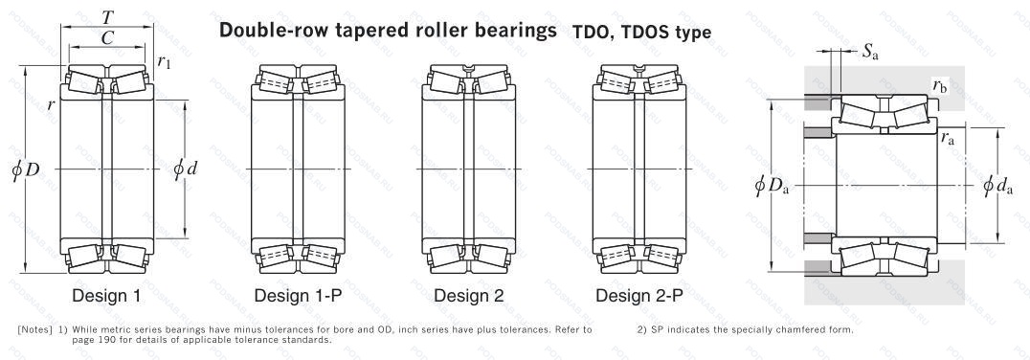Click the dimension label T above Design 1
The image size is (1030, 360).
pos(107,17)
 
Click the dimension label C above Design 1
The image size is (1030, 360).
pos(108,38)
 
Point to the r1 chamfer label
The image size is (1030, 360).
pos(165,61)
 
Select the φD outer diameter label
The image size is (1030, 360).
pos(26,169)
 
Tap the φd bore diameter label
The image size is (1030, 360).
pos(186,169)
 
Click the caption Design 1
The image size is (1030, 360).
pos(106,296)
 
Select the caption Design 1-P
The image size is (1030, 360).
pos(299,296)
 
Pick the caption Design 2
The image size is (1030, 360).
pos(469,296)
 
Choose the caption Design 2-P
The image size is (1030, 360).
pos(639,296)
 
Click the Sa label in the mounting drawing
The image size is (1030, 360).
pos(870,54)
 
